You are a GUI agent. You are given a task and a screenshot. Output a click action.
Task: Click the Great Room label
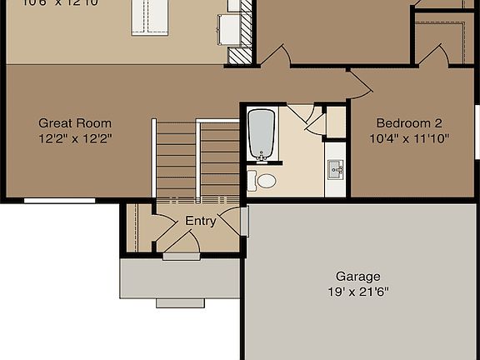pos(75,123)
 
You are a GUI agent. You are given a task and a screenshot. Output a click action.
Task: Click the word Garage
pos(357,277)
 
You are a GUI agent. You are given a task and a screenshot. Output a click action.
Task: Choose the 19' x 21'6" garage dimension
pos(357,292)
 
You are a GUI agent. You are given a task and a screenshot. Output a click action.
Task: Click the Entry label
pos(200,221)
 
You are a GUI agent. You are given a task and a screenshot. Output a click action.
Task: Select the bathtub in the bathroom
pos(262,133)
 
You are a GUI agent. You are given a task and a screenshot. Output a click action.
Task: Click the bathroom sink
pos(336,169)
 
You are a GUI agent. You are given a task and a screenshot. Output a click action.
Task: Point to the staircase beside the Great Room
pos(198,158)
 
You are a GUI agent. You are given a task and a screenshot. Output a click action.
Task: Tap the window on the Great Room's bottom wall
pos(47,200)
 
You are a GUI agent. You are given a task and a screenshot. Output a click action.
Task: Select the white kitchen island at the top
pos(149,18)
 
